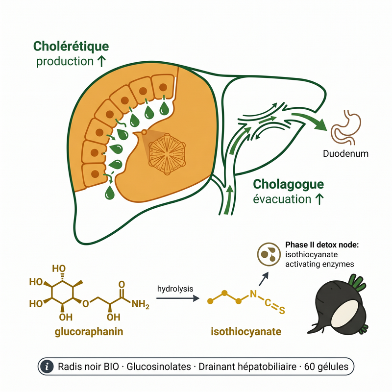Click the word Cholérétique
(x=71, y=47)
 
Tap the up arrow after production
(x=101, y=61)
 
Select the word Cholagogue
(x=288, y=185)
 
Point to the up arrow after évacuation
(x=319, y=199)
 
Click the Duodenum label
(x=345, y=153)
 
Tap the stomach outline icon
(x=345, y=127)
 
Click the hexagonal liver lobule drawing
(x=167, y=154)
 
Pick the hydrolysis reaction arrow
(x=178, y=298)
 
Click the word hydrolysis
(x=175, y=289)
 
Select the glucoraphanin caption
(x=89, y=332)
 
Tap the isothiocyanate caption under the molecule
(x=246, y=332)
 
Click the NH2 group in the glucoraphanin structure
(x=140, y=304)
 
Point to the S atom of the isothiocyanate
(x=282, y=310)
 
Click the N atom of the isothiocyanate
(x=253, y=294)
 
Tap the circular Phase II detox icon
(x=269, y=254)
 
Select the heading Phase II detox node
(x=322, y=245)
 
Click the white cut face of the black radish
(x=345, y=313)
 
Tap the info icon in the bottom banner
(x=47, y=367)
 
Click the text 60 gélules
(x=326, y=367)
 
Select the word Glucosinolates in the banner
(x=159, y=367)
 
